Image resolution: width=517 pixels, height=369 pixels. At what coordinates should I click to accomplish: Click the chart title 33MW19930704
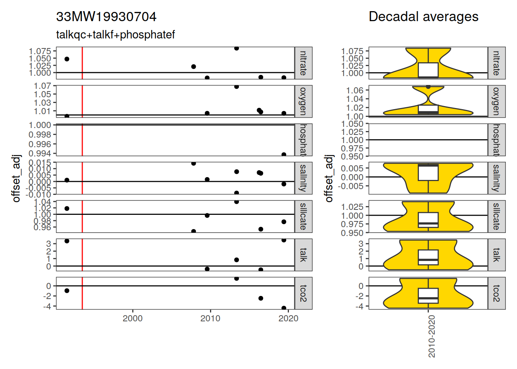point(106,17)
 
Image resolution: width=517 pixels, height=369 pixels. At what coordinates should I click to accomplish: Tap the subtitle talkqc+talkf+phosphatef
point(115,35)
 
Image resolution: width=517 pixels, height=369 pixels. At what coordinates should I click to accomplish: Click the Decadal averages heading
point(423,17)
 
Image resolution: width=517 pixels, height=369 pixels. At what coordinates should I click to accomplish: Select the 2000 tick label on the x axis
point(133,318)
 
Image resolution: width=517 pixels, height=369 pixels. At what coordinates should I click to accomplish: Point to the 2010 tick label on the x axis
point(210,318)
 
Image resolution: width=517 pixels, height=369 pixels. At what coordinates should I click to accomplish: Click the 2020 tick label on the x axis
point(288,318)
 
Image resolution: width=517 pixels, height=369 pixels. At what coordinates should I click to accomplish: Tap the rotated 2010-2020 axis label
point(432,336)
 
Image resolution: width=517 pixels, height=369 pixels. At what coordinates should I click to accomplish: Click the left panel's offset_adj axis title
point(16,178)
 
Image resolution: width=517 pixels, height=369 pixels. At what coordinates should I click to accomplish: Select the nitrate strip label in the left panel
point(303,63)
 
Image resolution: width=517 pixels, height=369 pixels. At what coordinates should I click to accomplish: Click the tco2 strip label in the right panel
point(496,293)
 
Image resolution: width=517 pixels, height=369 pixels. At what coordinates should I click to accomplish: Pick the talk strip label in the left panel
point(303,255)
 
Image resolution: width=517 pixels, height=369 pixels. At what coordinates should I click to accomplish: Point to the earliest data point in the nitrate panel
point(67,59)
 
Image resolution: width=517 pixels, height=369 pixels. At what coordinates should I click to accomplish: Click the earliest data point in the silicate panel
point(67,208)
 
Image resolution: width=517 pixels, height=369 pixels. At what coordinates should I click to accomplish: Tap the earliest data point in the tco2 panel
point(67,291)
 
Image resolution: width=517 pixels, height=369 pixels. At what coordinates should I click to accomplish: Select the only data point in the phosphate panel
point(284,155)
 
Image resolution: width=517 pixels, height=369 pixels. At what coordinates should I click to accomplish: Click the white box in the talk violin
point(428,257)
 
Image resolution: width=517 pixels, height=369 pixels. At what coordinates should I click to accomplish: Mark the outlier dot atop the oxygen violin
point(428,87)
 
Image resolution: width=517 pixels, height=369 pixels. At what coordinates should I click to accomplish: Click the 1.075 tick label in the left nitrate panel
point(40,51)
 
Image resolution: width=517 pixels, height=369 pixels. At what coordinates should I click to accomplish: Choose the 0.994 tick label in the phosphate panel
point(40,154)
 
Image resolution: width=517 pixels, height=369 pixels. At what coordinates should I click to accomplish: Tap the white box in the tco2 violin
point(428,296)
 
